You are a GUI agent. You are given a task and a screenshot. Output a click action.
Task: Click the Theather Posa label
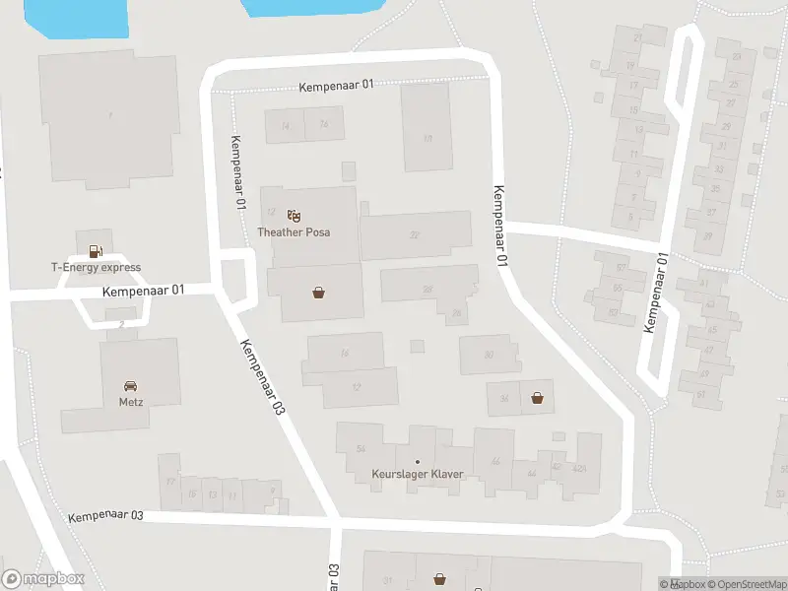click(x=294, y=232)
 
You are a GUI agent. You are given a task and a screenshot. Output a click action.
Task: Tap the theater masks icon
click(x=293, y=216)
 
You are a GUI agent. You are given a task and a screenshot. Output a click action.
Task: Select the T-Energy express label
click(x=97, y=267)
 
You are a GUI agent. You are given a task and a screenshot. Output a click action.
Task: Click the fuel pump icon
click(x=96, y=250)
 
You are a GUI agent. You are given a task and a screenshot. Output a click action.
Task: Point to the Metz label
click(x=130, y=401)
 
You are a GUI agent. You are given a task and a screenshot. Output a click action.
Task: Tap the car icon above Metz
click(x=130, y=385)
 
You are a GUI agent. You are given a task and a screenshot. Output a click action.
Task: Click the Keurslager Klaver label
click(x=418, y=475)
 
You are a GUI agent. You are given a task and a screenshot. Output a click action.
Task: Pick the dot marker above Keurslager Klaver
click(x=418, y=462)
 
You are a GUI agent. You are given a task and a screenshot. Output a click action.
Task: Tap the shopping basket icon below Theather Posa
click(x=318, y=293)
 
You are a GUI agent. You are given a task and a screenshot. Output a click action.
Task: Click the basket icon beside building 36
click(x=538, y=398)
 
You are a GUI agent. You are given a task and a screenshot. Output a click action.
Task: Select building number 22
click(x=415, y=234)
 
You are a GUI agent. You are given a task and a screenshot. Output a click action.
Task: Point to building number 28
click(x=427, y=289)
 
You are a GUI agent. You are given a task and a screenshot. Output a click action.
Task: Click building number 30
click(x=489, y=355)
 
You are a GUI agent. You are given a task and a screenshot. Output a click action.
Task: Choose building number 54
click(x=361, y=449)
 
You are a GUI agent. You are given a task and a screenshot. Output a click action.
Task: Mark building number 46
click(x=495, y=461)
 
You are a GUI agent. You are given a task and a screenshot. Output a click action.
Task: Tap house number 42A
click(x=579, y=469)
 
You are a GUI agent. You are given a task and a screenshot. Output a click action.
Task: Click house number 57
click(x=621, y=266)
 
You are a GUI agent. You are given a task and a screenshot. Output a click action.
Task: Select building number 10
click(x=427, y=139)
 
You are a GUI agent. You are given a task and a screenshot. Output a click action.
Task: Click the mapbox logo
click(x=43, y=579)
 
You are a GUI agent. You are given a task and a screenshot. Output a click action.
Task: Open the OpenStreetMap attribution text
click(x=745, y=583)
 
